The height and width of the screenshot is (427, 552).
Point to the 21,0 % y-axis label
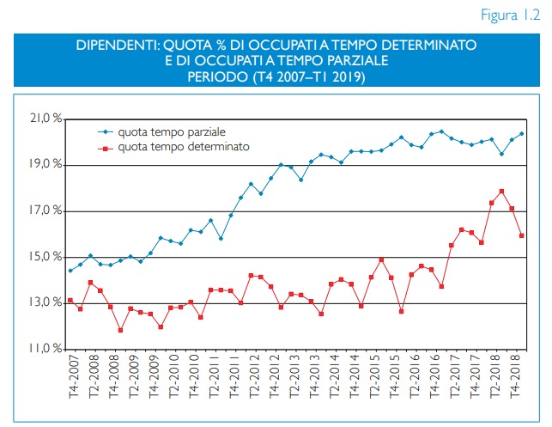point(48,118)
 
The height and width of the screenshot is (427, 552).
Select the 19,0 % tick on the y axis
point(48,164)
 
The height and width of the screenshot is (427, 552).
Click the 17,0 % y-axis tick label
point(48,210)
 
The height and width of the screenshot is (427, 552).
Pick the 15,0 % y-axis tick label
point(48,257)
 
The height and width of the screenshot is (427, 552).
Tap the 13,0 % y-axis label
point(48,303)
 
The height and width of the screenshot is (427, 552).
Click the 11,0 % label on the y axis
point(48,350)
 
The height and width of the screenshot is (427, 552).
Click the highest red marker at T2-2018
point(501,192)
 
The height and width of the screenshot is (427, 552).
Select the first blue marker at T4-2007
point(70,271)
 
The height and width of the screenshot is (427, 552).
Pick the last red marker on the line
point(522,235)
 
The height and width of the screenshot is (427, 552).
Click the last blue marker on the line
point(522,134)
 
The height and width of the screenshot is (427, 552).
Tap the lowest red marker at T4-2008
point(121,330)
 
